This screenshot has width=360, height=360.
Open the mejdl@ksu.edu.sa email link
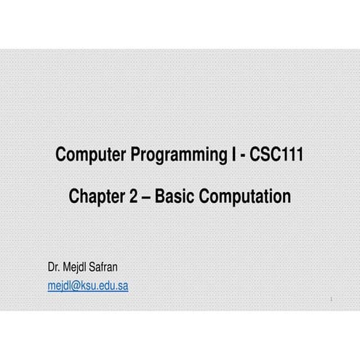click(87, 286)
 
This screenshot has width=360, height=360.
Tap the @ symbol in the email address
click(74, 286)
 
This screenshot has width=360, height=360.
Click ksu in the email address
click(87, 286)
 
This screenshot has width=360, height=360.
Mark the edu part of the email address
click(106, 286)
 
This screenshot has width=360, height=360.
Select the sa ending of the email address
click(123, 286)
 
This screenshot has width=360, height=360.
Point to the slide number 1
click(330, 299)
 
